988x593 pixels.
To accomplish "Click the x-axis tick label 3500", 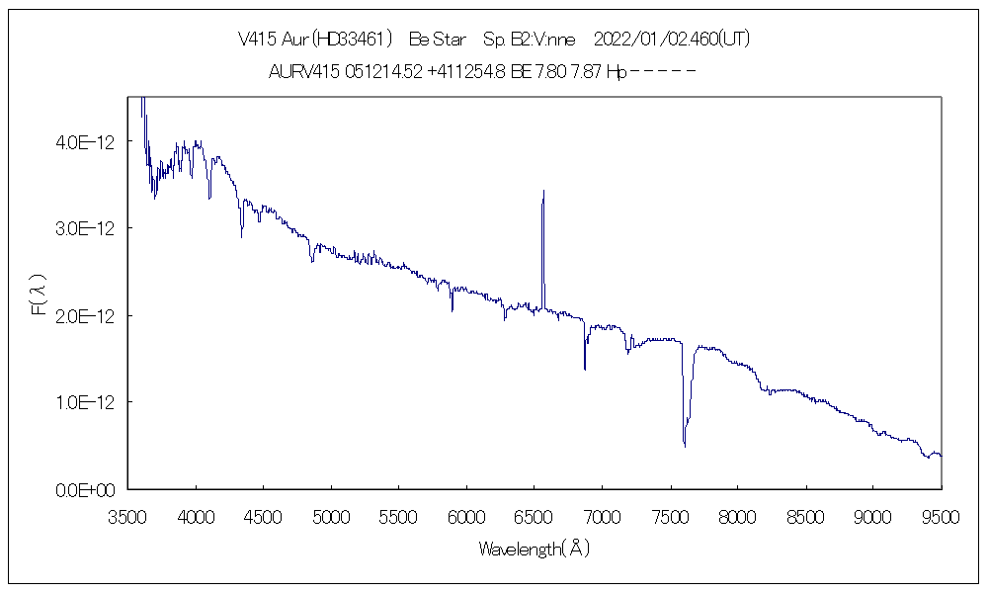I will coord(128,515).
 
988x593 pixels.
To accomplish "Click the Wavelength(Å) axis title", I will coord(534,549).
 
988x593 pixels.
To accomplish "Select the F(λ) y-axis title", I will coord(40,294).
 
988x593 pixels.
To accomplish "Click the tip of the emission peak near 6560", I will coord(543,191).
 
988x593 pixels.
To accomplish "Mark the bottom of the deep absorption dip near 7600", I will coord(685,446).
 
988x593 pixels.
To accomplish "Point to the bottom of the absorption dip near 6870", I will coord(585,369).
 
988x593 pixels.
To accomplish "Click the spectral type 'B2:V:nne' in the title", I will coord(529,40).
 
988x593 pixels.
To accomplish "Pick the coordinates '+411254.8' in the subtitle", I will coord(467,71).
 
